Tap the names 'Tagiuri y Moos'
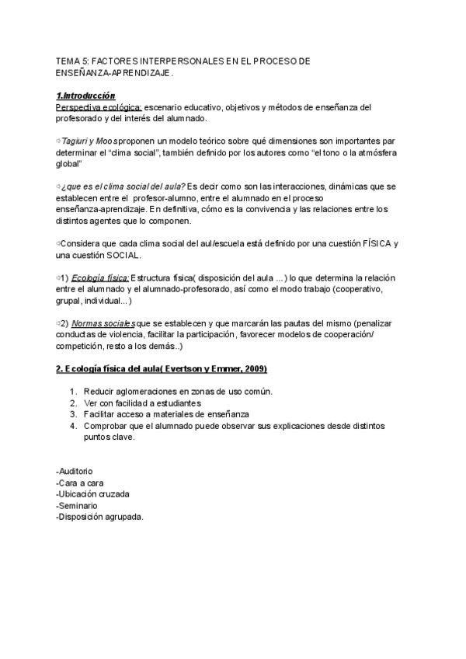coord(92,141)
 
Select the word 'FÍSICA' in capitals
coord(377,243)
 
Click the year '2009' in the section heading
coord(255,368)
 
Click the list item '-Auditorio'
coord(75,471)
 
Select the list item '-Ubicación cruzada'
coord(92,494)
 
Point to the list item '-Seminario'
coord(78,506)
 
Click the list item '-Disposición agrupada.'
coord(100,518)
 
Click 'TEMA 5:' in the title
coord(74,60)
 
